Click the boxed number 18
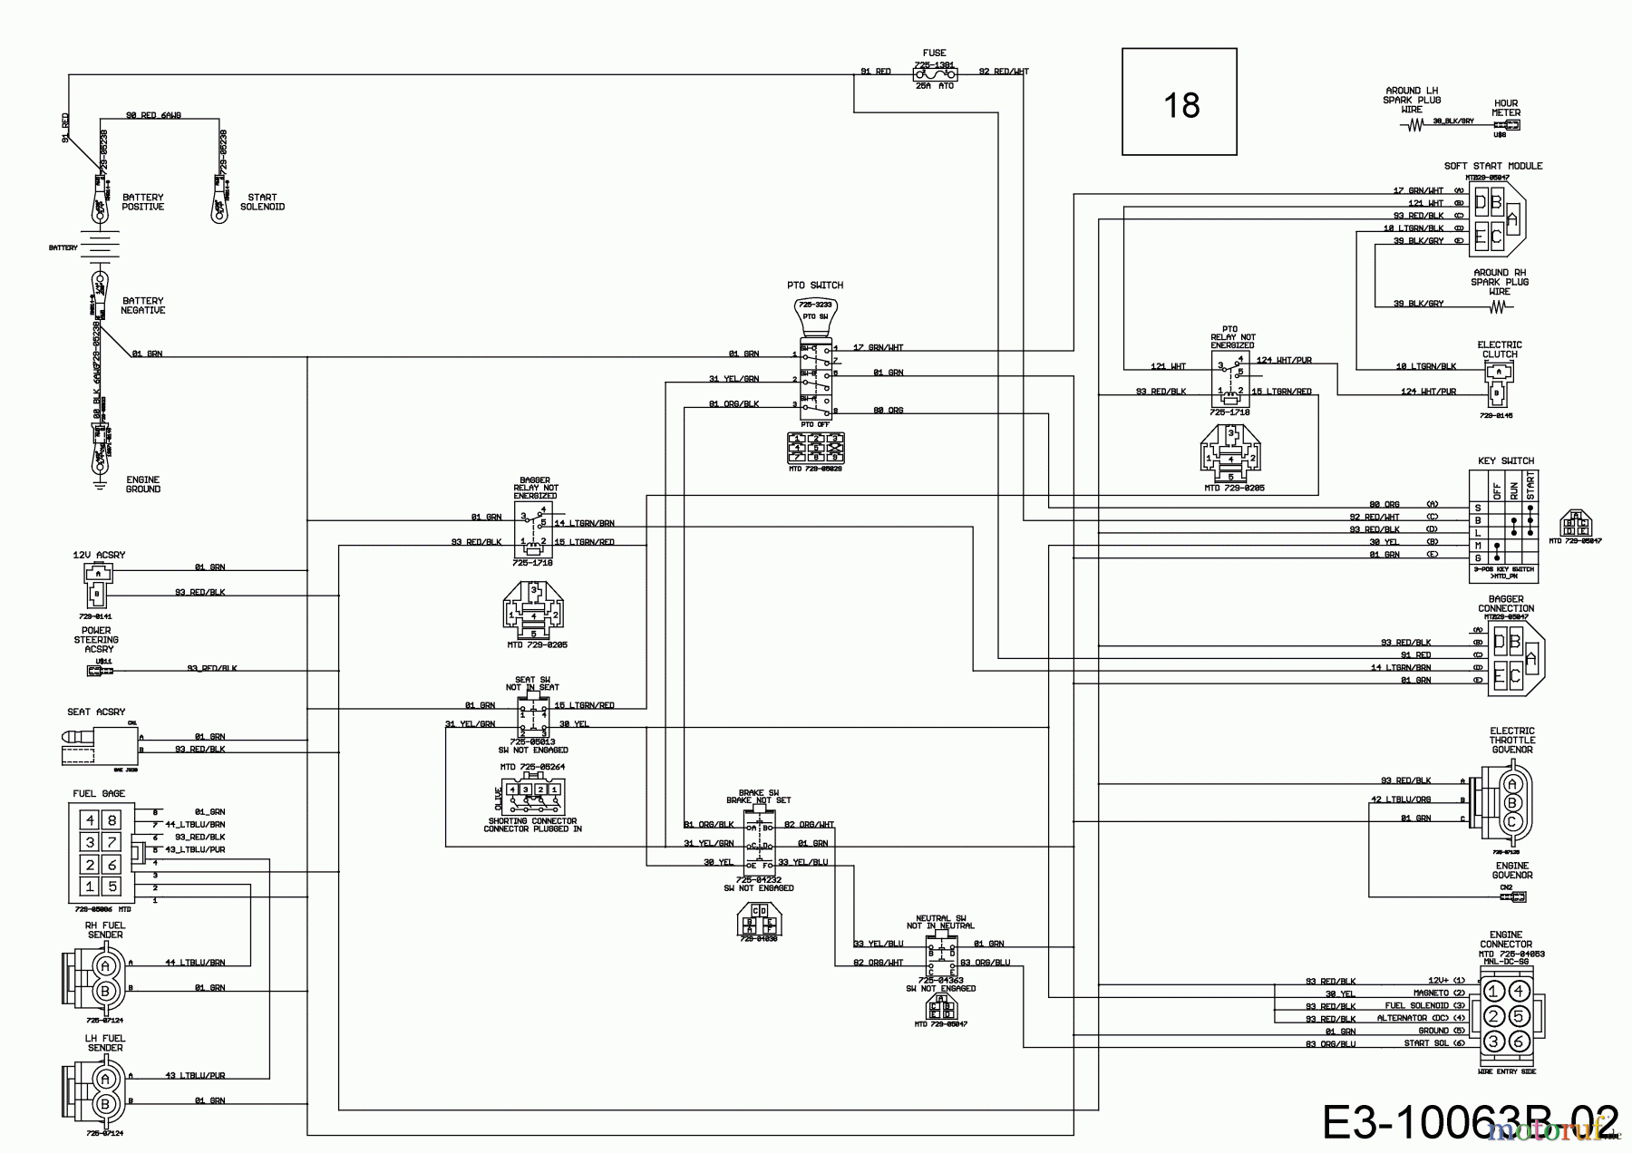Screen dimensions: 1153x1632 click(1180, 106)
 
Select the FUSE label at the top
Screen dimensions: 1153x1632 click(934, 53)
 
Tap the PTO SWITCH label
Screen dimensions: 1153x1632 click(814, 286)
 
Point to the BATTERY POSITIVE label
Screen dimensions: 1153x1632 click(143, 202)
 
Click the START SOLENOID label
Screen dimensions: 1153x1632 click(262, 202)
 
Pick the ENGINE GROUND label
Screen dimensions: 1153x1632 click(143, 485)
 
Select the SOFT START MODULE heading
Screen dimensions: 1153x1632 click(1492, 166)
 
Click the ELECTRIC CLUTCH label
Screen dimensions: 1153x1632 click(1500, 350)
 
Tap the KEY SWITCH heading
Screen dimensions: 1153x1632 click(1505, 461)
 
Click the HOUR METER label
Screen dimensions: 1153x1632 click(1505, 108)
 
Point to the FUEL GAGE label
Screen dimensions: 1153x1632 click(99, 794)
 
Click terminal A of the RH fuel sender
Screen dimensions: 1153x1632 click(105, 964)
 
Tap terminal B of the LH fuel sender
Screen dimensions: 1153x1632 click(105, 1103)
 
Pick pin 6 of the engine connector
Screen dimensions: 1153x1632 click(1517, 1042)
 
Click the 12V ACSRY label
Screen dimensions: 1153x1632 click(99, 554)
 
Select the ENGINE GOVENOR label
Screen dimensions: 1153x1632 click(1512, 870)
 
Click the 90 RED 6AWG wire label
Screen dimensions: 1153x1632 click(153, 116)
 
